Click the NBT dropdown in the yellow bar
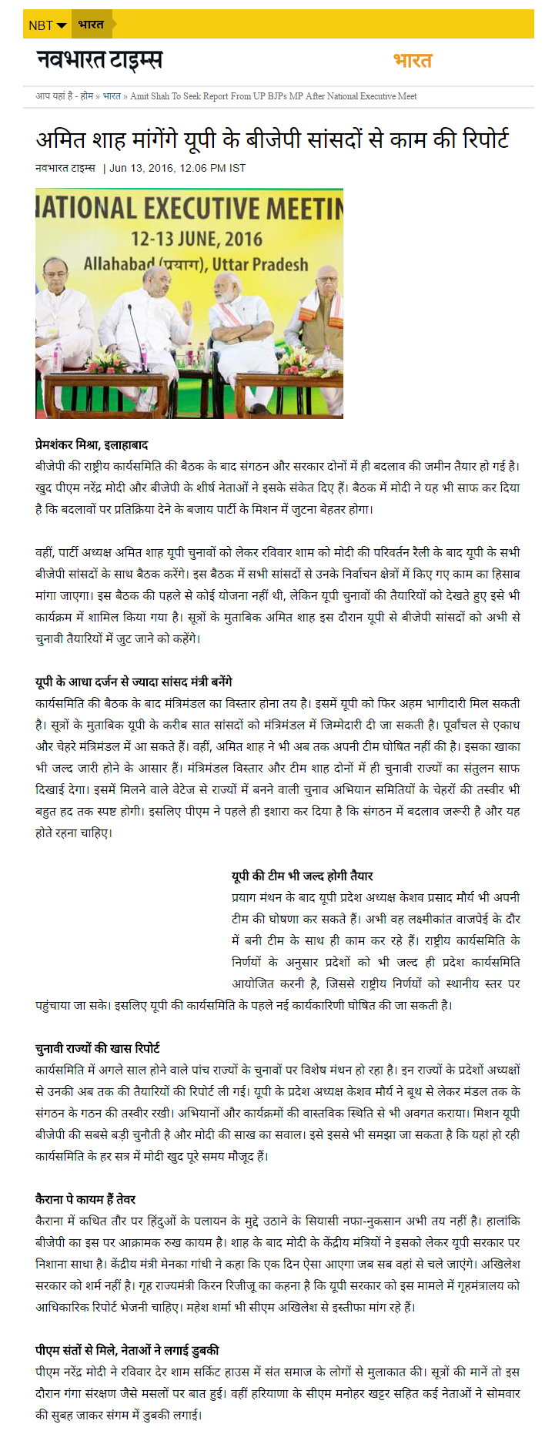click(47, 25)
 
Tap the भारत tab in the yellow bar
click(91, 25)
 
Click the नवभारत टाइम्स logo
click(99, 59)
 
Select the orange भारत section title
click(413, 60)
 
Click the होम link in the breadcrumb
click(87, 96)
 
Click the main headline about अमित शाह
click(272, 139)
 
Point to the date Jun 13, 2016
click(141, 168)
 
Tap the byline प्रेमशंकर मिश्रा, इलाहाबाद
click(92, 444)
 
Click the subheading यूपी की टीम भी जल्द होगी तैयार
click(303, 876)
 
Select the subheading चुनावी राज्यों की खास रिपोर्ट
click(98, 1048)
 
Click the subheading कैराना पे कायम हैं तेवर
click(85, 1199)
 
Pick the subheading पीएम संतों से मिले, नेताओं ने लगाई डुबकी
click(127, 1350)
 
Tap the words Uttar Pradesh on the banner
click(259, 264)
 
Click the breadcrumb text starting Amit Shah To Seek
click(273, 96)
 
